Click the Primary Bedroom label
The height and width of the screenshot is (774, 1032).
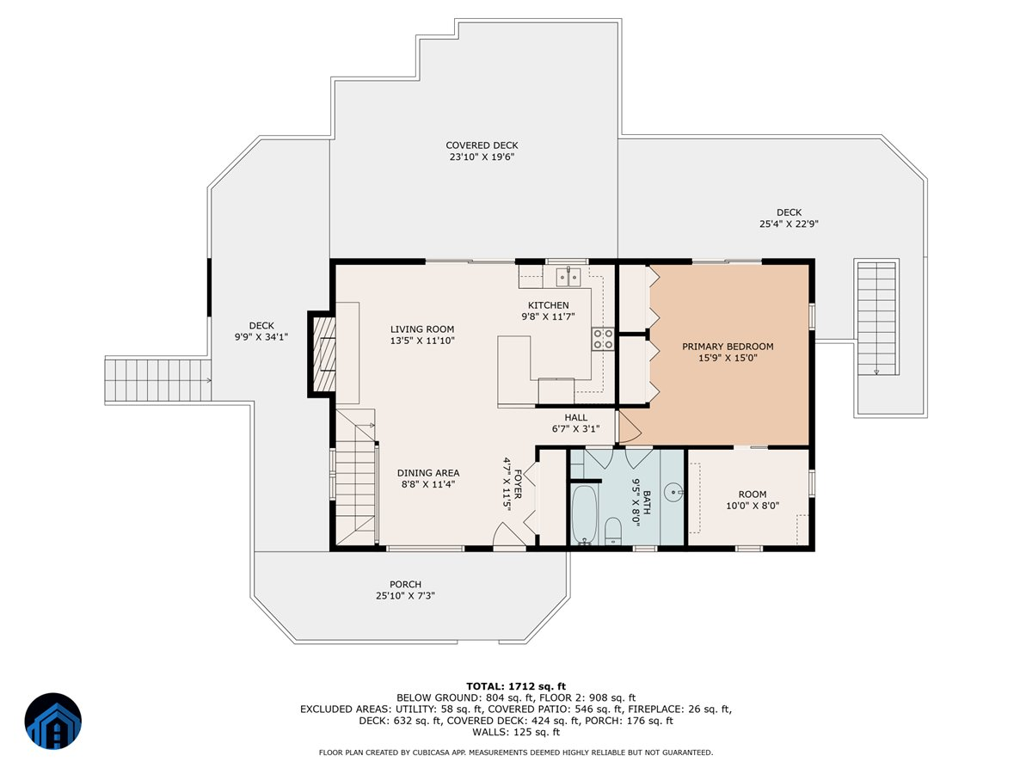pos(728,347)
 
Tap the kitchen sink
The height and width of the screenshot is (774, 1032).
pos(568,276)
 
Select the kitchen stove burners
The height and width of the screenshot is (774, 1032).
pos(603,338)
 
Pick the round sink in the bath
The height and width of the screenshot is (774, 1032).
pos(675,493)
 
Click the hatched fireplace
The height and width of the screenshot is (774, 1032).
pos(324,353)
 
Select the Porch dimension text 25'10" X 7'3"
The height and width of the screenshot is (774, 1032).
pos(405,596)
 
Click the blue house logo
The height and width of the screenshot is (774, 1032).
pos(53,722)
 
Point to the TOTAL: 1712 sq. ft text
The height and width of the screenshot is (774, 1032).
pos(516,685)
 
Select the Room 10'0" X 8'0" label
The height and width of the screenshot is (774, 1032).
pos(752,501)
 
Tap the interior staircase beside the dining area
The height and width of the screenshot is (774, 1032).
pos(356,479)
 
